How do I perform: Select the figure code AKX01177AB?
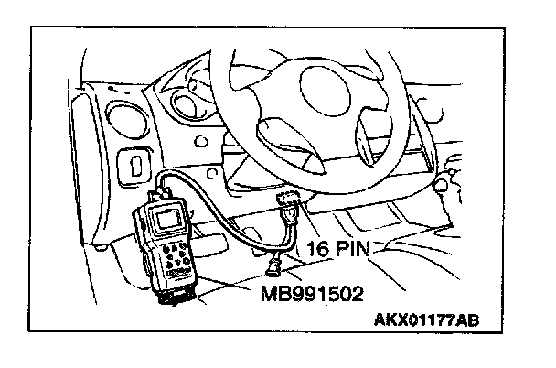[425, 321]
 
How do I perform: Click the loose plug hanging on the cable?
[272, 268]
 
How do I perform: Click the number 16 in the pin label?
[321, 247]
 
